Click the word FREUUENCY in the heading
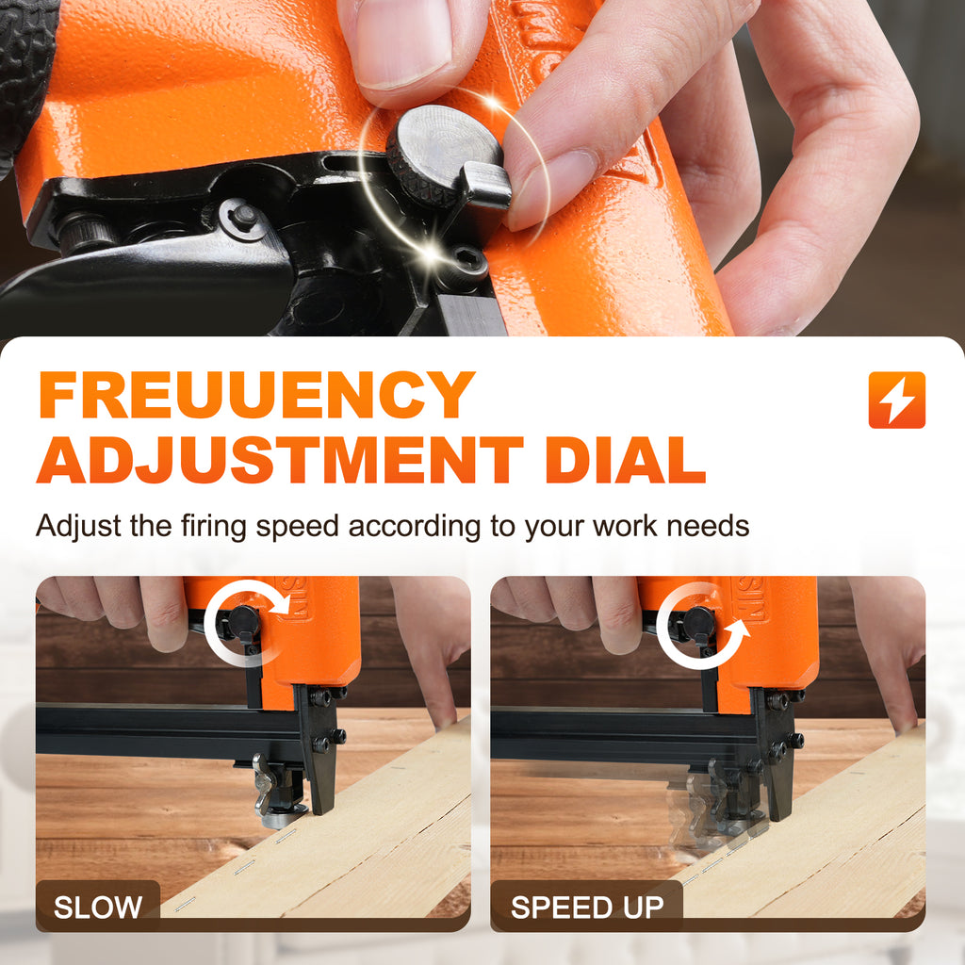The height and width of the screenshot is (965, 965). [x=256, y=395]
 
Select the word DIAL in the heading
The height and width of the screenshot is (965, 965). [x=626, y=460]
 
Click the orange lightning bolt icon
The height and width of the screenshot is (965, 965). [x=897, y=400]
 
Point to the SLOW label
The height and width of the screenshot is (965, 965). [x=98, y=908]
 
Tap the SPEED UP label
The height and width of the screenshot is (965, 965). [x=587, y=908]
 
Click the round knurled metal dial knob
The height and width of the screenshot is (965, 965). [x=445, y=151]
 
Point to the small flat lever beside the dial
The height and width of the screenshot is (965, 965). [x=487, y=185]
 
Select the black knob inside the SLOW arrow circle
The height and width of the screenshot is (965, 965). [x=244, y=621]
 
